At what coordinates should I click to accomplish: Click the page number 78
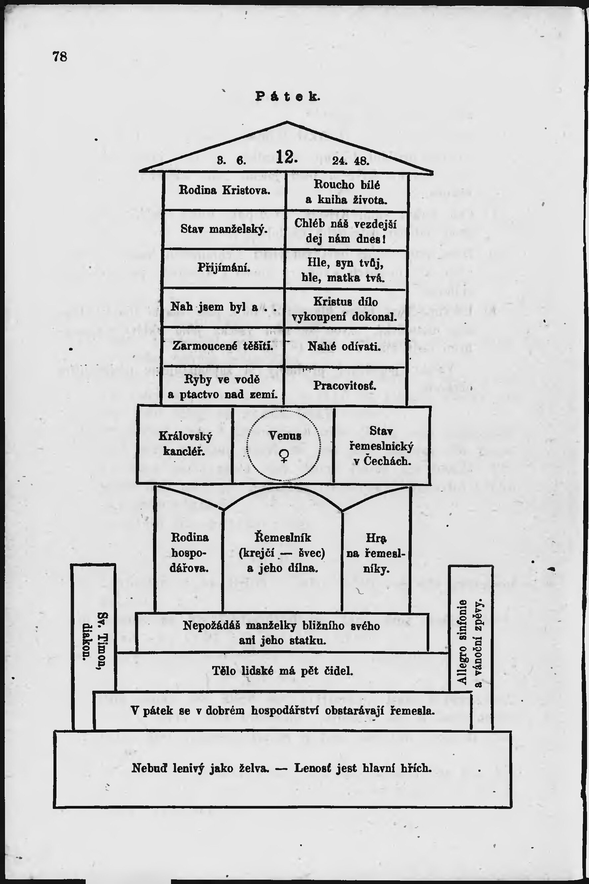point(60,56)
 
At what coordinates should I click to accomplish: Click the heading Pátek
point(288,97)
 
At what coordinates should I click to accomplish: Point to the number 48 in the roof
point(361,161)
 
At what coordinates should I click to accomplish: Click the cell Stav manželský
point(224,229)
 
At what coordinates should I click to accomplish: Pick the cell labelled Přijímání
point(224,268)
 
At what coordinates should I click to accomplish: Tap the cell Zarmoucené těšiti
point(223,345)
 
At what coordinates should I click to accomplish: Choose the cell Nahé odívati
point(344,346)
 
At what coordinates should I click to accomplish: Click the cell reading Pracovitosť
point(344,386)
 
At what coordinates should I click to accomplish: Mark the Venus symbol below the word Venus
point(284,455)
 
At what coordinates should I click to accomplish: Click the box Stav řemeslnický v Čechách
point(381,446)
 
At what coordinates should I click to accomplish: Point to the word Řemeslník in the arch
point(283,538)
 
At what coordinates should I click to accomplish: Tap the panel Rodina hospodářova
point(189,552)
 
